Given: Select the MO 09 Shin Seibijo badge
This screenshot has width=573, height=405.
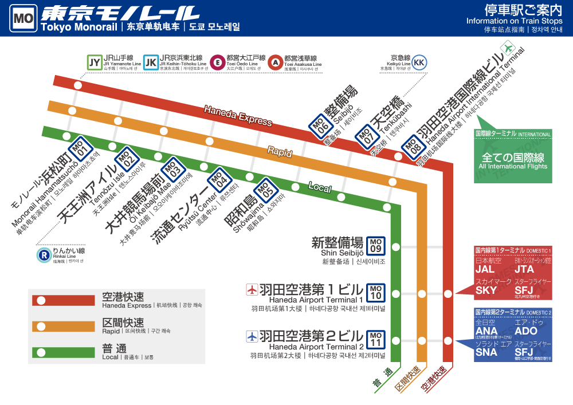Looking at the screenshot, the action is click(376, 245).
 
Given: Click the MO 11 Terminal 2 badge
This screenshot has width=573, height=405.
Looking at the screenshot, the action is click(376, 340).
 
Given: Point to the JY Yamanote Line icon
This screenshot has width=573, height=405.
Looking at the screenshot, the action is click(94, 62).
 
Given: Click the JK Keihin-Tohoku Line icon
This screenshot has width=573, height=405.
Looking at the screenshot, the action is click(151, 62).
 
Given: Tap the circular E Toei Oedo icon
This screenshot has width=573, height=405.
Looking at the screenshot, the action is click(217, 62).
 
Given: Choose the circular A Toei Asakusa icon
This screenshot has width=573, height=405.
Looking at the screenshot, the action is click(275, 62).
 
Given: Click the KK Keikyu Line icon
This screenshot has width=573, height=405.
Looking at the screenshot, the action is click(419, 62).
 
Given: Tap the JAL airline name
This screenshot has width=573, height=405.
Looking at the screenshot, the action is click(485, 269).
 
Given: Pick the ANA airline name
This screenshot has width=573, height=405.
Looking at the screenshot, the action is click(486, 331).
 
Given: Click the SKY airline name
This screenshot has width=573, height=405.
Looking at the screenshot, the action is click(486, 290).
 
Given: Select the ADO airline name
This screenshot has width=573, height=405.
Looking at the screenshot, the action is click(526, 331).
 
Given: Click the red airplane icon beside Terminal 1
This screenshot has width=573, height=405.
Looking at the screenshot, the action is click(251, 290).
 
